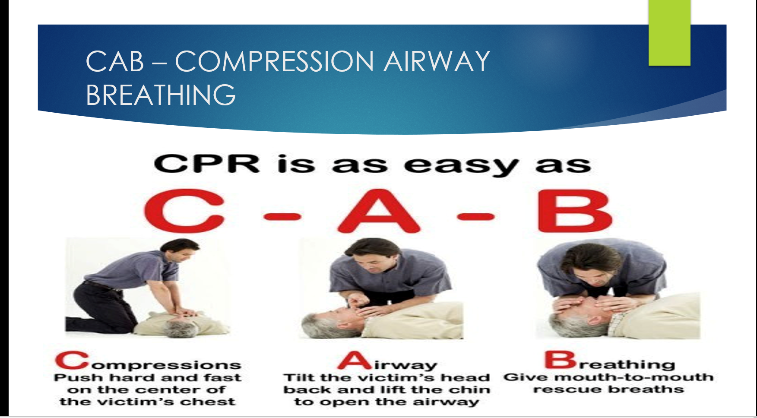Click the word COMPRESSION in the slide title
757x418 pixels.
(x=275, y=61)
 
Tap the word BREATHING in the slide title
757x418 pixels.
(x=161, y=95)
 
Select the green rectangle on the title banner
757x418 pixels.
(x=669, y=33)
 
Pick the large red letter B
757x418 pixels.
(x=575, y=211)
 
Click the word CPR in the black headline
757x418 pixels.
(x=207, y=164)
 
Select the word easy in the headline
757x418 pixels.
(x=461, y=166)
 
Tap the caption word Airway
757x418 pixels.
(x=387, y=361)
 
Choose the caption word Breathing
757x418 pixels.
(x=610, y=361)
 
